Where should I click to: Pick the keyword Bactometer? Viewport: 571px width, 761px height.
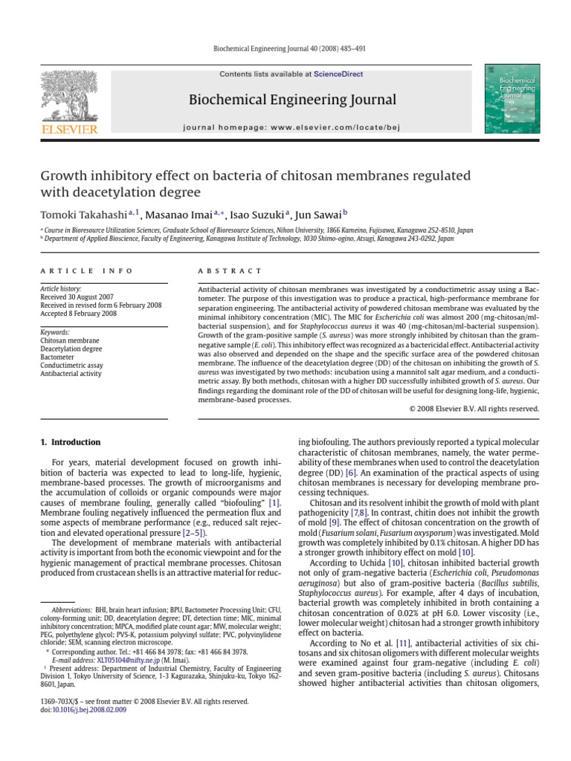(58, 357)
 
